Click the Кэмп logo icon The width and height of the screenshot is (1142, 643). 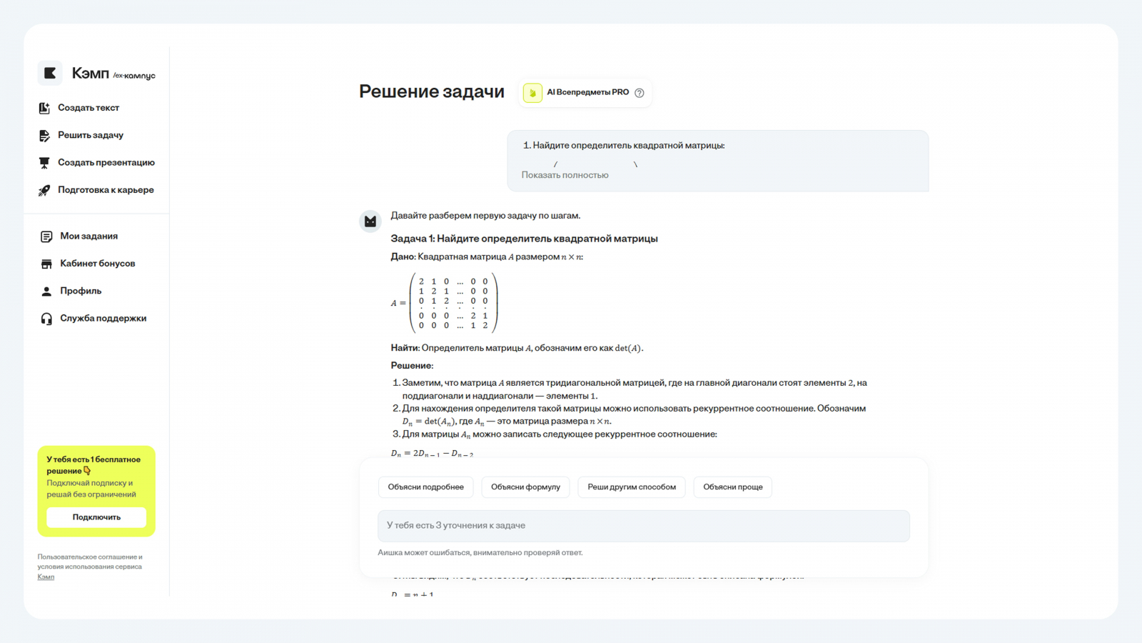(50, 73)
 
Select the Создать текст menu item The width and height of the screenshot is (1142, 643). (89, 108)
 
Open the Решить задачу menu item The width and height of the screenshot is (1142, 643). (91, 135)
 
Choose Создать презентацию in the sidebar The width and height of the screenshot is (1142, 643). (106, 163)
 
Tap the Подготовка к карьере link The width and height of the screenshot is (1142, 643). (106, 190)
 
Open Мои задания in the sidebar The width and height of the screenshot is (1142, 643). (89, 236)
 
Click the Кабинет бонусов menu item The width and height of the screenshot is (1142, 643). (97, 264)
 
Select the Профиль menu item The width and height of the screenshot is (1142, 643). (81, 291)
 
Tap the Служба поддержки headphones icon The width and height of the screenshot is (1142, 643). (46, 319)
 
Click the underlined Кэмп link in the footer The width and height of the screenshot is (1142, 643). (46, 577)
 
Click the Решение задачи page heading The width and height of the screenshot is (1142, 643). (431, 91)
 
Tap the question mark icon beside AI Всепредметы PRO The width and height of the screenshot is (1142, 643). (640, 93)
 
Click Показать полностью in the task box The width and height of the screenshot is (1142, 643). (565, 175)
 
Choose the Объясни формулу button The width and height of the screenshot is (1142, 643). (525, 487)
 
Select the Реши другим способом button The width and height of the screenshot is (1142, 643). (632, 487)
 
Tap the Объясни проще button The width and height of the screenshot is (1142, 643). (732, 487)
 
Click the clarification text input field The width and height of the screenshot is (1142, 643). (643, 526)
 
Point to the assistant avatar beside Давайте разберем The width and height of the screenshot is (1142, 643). (370, 221)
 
